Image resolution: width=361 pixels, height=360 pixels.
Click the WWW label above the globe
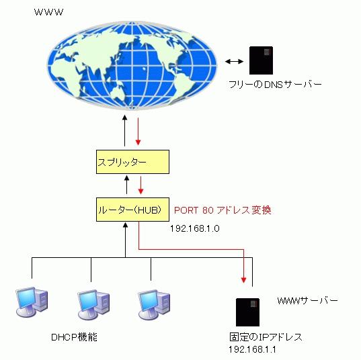click(48, 12)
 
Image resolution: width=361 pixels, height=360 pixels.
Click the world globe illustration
click(132, 66)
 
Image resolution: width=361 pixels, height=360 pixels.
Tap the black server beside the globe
click(261, 60)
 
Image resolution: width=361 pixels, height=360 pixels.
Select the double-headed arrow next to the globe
click(234, 61)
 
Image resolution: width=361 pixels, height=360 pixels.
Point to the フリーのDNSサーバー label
click(275, 85)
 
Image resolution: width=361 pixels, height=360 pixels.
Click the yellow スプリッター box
click(132, 162)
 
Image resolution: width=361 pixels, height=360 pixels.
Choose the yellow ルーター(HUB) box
click(132, 210)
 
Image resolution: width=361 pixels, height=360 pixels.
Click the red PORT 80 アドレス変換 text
click(223, 210)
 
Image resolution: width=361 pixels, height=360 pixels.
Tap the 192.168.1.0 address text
click(195, 228)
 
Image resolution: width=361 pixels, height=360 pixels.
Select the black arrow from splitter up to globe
click(124, 130)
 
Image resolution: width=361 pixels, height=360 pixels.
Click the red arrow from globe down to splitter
click(138, 132)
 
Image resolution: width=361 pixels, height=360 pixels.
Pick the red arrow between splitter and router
click(141, 185)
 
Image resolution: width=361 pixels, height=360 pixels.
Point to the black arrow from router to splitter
click(126, 185)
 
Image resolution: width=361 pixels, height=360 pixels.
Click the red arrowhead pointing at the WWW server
click(243, 279)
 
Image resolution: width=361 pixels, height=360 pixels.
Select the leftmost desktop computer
click(32, 302)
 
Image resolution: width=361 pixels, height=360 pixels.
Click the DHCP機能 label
click(74, 337)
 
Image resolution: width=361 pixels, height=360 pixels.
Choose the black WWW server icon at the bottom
click(248, 312)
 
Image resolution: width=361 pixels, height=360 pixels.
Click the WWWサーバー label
click(308, 300)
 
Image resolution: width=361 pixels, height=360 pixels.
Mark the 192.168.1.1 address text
click(252, 349)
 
